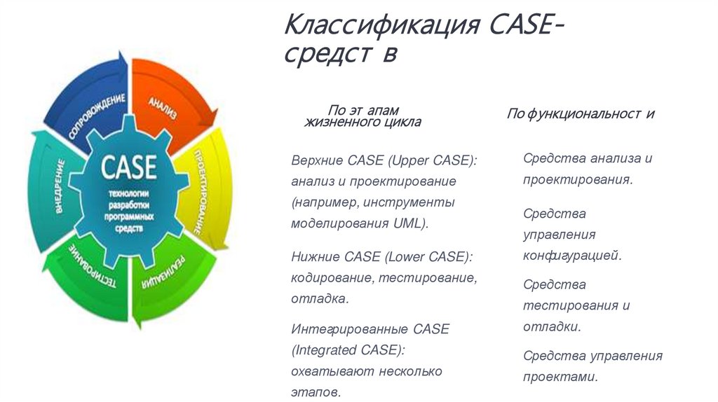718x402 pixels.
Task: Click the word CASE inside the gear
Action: [x=129, y=167]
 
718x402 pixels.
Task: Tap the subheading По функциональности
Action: [x=581, y=113]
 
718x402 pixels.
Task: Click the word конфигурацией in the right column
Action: [x=572, y=256]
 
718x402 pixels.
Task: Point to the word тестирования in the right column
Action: [x=571, y=305]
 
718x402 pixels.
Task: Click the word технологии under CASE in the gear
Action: [x=129, y=193]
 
